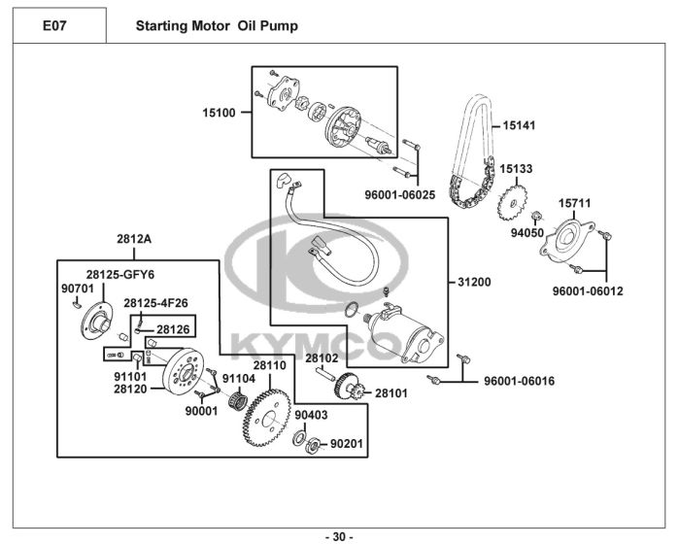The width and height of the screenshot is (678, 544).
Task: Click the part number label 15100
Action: pyautogui.click(x=219, y=113)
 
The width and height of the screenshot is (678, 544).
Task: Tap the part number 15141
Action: pyautogui.click(x=519, y=125)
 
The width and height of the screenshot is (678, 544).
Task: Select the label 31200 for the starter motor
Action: pyautogui.click(x=474, y=283)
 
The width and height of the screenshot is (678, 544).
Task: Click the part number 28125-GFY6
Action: pyautogui.click(x=120, y=274)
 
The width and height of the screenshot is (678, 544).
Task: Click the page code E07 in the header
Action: pyautogui.click(x=55, y=25)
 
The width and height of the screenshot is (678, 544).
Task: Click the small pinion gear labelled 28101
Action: pyautogui.click(x=355, y=394)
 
